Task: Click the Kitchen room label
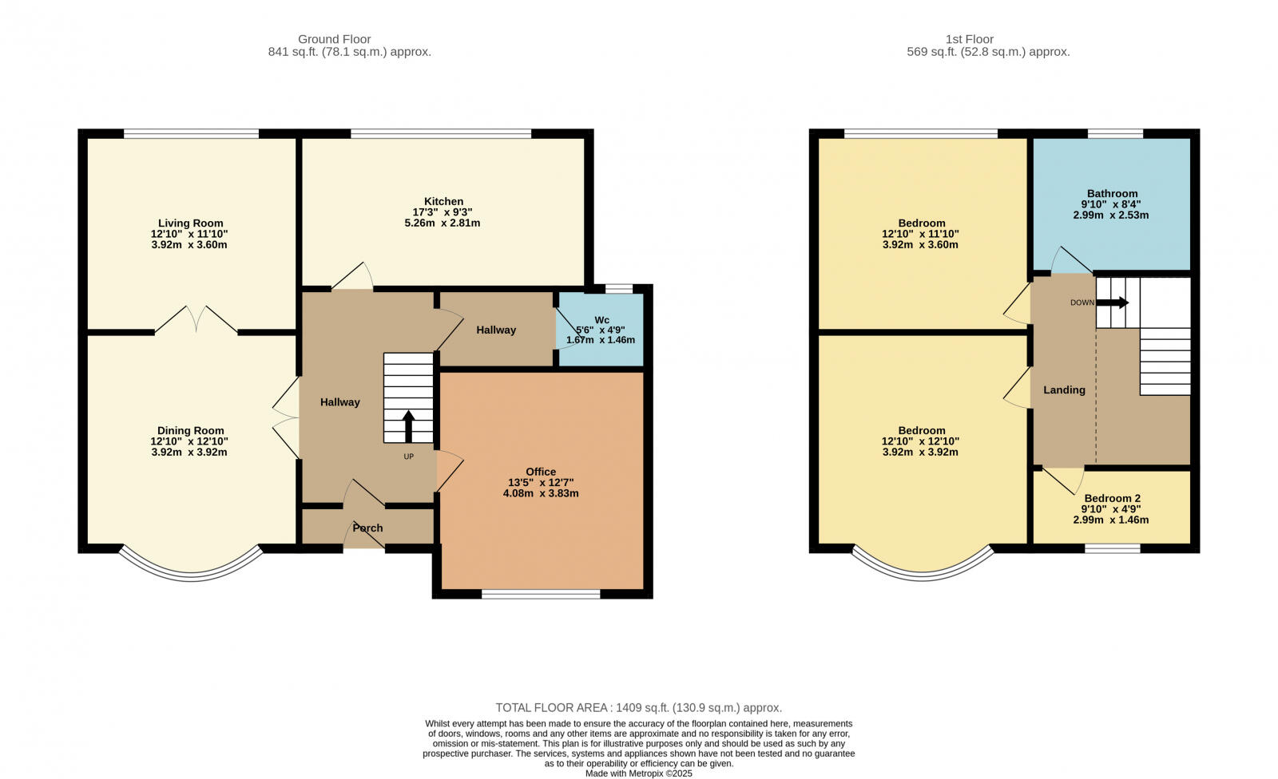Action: [443, 201]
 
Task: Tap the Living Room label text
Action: [190, 223]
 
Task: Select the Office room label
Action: [541, 472]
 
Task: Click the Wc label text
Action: [601, 320]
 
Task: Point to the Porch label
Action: [367, 528]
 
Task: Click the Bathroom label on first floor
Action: [1112, 193]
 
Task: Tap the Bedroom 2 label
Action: [1112, 498]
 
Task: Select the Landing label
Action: [1064, 389]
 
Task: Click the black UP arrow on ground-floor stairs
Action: [408, 426]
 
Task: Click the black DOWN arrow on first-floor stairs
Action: [1113, 303]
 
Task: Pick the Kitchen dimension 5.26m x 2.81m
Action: [442, 223]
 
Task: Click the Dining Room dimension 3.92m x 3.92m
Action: [190, 452]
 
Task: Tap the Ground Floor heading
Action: [334, 39]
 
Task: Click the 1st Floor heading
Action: [969, 39]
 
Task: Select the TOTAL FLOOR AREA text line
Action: [638, 707]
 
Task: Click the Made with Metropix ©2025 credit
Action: [638, 773]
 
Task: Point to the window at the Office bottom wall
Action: [541, 594]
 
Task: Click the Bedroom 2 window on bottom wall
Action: [1112, 548]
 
